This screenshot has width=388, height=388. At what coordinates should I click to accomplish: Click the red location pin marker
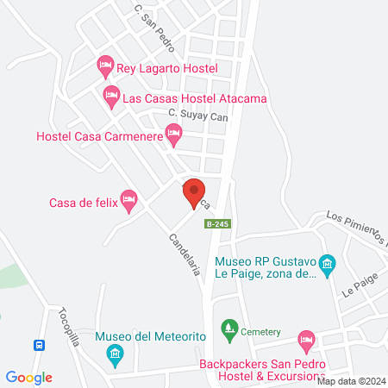click(x=194, y=193)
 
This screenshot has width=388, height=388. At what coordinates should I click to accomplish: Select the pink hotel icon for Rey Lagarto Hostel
click(x=105, y=64)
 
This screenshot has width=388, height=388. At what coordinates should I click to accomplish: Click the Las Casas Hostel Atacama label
click(x=195, y=98)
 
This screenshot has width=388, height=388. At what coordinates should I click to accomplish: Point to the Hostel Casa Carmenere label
click(x=97, y=136)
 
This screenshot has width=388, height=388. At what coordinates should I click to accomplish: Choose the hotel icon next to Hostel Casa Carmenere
click(x=173, y=132)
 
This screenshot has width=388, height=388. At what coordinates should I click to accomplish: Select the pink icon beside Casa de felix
click(x=129, y=200)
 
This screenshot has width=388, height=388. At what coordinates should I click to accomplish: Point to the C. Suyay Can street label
click(x=197, y=114)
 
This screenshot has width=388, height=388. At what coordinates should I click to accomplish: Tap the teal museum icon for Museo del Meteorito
click(x=114, y=354)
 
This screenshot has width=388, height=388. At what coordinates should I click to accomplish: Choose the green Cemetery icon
click(x=228, y=328)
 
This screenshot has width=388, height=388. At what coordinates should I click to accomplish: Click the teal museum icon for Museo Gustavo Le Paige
click(x=327, y=263)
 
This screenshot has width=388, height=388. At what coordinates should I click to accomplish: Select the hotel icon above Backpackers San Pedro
click(x=305, y=340)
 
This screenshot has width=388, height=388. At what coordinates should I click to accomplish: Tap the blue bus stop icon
click(x=39, y=346)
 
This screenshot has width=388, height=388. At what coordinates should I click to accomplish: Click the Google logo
click(x=29, y=377)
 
